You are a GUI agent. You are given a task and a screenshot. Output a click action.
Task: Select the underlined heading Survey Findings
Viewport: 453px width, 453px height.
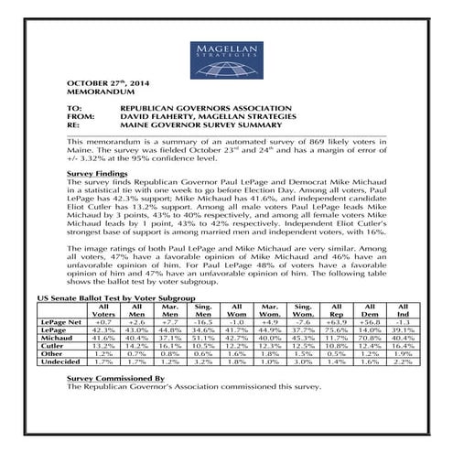pyautogui.click(x=99, y=173)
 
